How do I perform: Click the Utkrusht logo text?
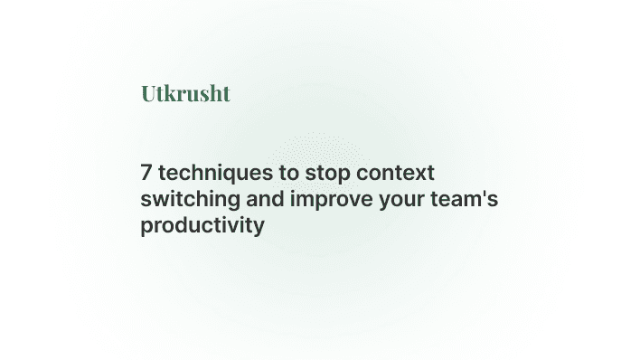(185, 93)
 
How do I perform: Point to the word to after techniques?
(278, 172)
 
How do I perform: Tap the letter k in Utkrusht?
(171, 93)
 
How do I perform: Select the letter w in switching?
(157, 199)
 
